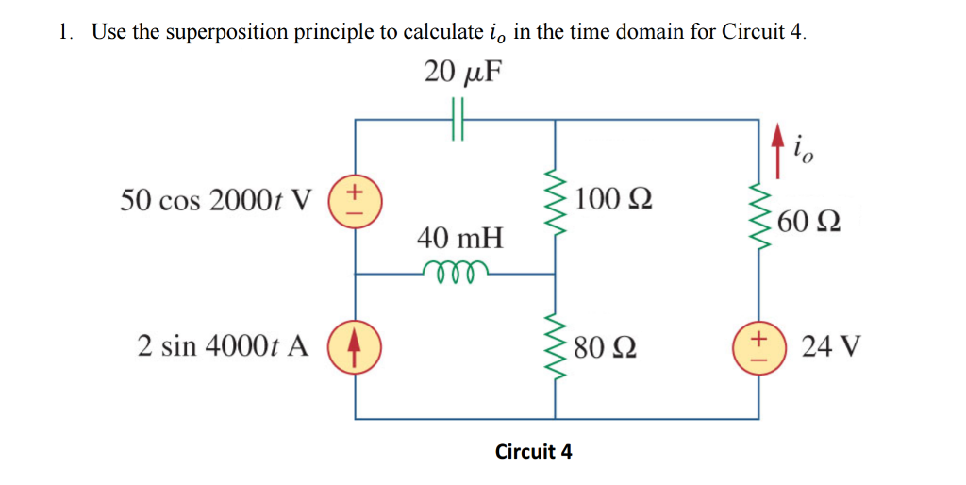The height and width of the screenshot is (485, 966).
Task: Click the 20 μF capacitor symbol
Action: coord(458,120)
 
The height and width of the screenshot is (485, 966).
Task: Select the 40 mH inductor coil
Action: coord(457,272)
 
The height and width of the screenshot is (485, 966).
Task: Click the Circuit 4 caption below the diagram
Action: coord(534,451)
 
